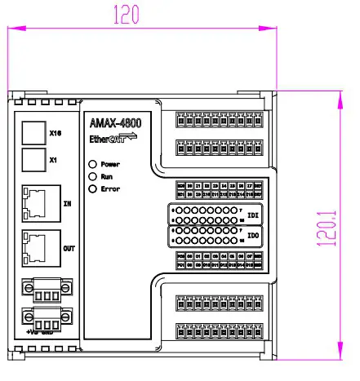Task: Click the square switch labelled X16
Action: pyautogui.click(x=32, y=132)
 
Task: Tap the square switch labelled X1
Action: pyautogui.click(x=32, y=160)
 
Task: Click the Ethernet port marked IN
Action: pyautogui.click(x=38, y=202)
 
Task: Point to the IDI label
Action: pyautogui.click(x=253, y=215)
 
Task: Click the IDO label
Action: pyautogui.click(x=253, y=237)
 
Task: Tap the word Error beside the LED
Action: pyautogui.click(x=112, y=189)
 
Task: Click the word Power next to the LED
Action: pyautogui.click(x=112, y=164)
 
